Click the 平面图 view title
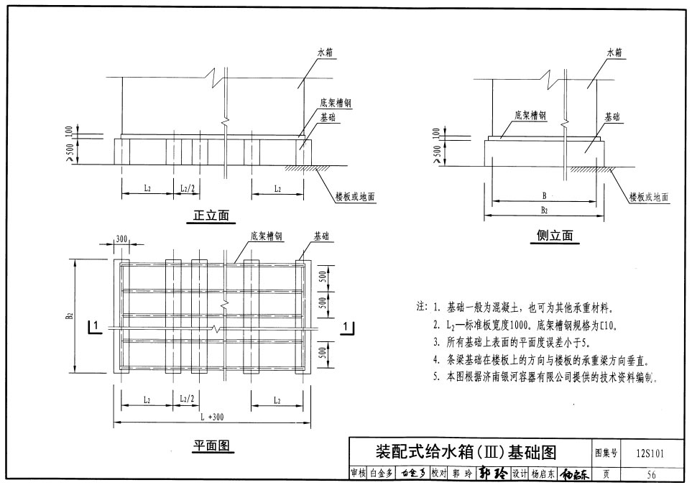click(213, 446)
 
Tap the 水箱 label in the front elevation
click(326, 52)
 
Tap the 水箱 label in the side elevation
click(614, 52)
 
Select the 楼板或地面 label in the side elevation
click(649, 197)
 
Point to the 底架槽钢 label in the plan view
click(266, 236)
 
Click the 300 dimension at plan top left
click(121, 239)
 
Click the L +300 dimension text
click(211, 417)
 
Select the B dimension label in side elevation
click(545, 195)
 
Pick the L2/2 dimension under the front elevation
click(187, 189)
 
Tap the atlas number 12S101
click(650, 453)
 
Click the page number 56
click(651, 474)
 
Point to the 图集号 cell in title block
click(605, 453)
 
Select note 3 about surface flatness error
click(510, 342)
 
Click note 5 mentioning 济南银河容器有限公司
click(545, 376)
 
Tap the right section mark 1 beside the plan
click(348, 327)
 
